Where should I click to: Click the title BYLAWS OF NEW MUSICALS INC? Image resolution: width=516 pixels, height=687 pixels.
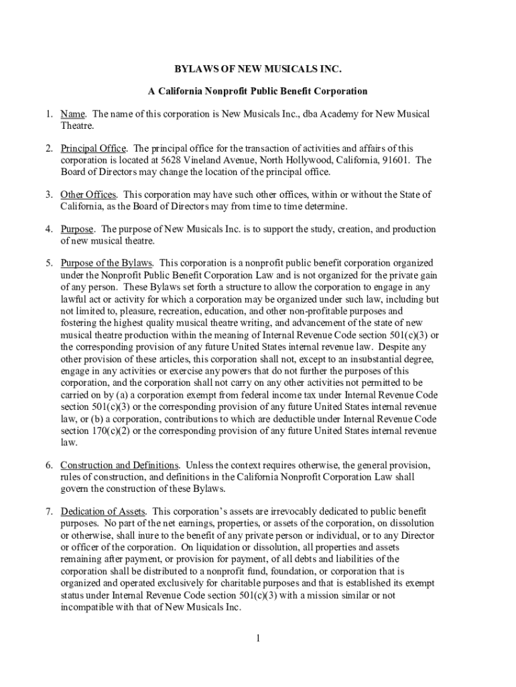tap(258, 68)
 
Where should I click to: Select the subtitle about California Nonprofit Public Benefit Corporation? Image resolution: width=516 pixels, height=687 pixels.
tap(258, 91)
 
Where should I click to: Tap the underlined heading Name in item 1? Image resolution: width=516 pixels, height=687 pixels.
tap(72, 114)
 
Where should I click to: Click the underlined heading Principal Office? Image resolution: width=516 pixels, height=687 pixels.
tap(93, 148)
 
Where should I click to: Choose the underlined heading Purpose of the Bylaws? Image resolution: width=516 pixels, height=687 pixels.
tap(107, 263)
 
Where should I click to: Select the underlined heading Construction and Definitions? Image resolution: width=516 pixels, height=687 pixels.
tap(120, 466)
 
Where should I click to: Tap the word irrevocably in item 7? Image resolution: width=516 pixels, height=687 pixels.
tap(270, 511)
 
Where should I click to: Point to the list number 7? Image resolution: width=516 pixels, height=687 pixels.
tap(50, 511)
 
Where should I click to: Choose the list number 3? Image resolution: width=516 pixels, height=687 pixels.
tap(50, 195)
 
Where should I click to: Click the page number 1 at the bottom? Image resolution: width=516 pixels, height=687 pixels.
tap(257, 638)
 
